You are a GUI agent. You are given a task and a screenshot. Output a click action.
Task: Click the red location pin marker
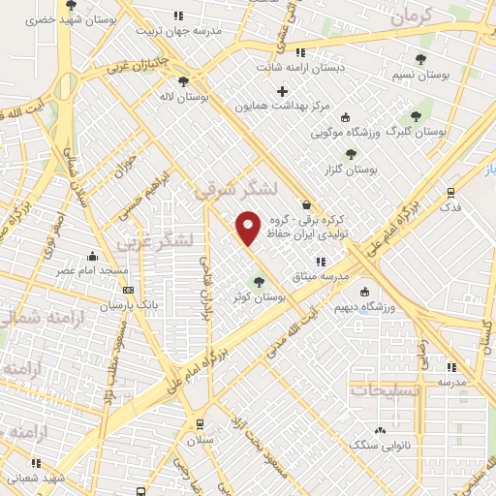[249, 228]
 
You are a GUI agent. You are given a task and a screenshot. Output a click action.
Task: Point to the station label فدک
[451, 207]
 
